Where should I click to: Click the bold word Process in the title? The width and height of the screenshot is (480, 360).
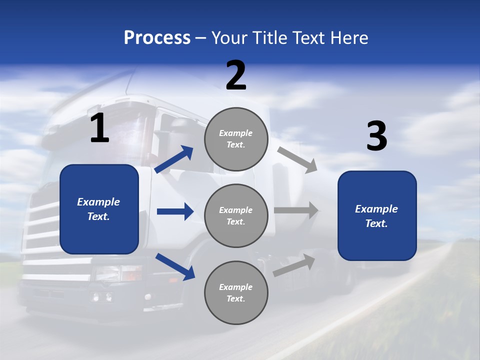[x=157, y=38]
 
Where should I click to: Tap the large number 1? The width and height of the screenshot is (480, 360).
[x=99, y=128]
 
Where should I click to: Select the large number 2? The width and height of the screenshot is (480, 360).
[x=236, y=75]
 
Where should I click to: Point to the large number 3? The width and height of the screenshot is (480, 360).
[x=377, y=136]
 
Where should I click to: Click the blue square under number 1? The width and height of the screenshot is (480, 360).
[x=99, y=209]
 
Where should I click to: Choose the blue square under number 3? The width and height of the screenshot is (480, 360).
[x=377, y=215]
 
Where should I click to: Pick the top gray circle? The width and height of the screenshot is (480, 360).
[x=236, y=139]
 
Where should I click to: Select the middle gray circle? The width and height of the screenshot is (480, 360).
[x=236, y=215]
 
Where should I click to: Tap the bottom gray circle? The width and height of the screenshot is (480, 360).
[x=236, y=292]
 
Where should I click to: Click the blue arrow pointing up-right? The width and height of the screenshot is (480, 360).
[x=174, y=159]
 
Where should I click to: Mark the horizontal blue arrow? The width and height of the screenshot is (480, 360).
[x=175, y=211]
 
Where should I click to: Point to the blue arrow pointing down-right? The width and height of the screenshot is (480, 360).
[x=175, y=266]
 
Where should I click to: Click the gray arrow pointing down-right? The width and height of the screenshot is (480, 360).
[x=297, y=160]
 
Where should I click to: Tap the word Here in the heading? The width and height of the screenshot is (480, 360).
[x=349, y=38]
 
